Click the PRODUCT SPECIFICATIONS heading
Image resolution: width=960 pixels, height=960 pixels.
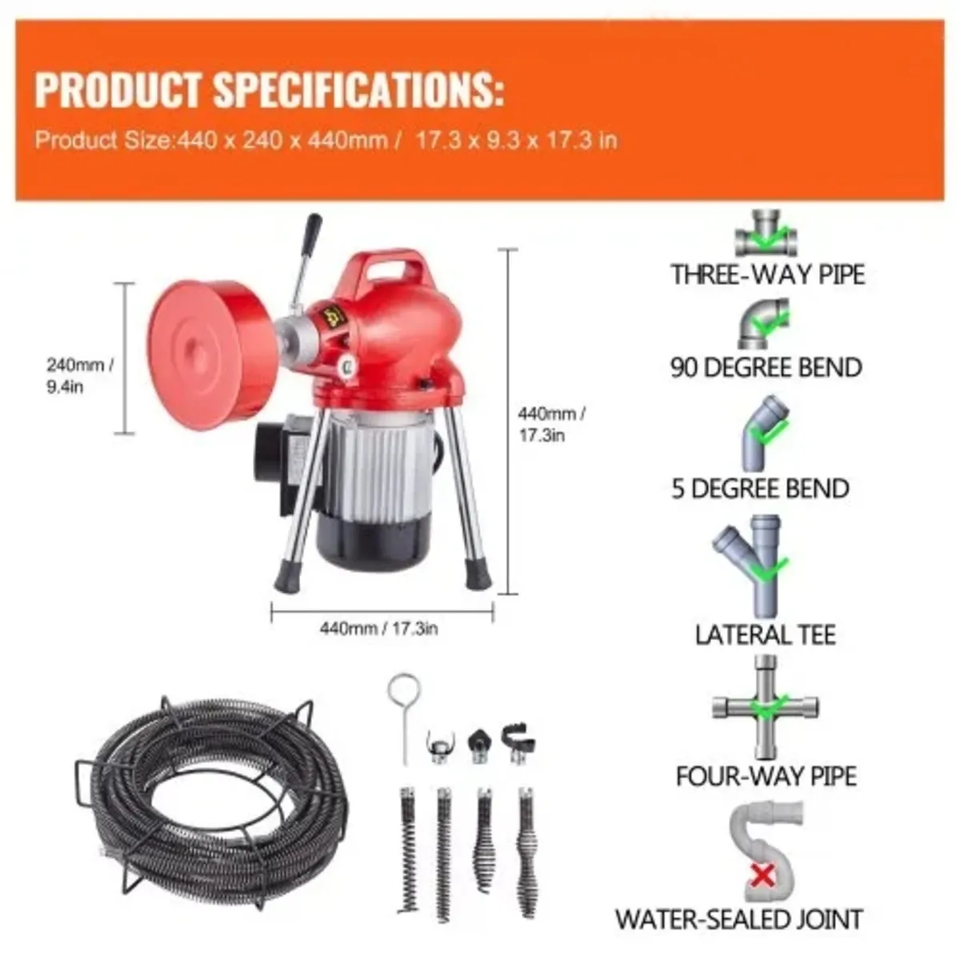(269, 90)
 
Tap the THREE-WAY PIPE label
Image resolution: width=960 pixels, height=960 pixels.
(767, 274)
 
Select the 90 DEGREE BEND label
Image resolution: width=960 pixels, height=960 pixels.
(766, 367)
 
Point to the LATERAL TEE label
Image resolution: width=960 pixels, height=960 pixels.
(765, 635)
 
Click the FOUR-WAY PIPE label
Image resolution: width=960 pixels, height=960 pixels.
(766, 776)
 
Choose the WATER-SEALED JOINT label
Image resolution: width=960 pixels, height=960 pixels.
(738, 918)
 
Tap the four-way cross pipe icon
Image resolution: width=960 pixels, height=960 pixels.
(766, 707)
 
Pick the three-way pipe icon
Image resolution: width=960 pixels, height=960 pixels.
(766, 234)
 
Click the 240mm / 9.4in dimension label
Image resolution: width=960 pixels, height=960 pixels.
(79, 376)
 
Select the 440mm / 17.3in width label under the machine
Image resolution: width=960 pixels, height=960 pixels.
(378, 628)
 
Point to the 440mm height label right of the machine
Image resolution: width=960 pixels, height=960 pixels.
(552, 424)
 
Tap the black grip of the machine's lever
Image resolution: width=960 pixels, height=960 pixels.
(311, 232)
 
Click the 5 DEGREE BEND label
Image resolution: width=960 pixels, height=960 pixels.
(760, 488)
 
